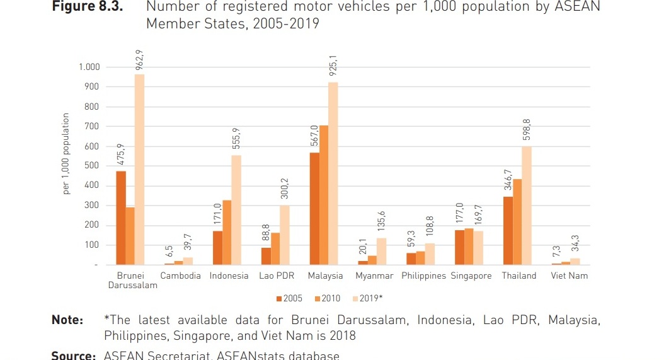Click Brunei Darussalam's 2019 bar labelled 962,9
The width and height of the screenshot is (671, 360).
click(x=139, y=170)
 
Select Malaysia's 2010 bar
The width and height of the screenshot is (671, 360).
click(x=324, y=195)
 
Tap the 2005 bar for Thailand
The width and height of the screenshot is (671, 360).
click(x=508, y=231)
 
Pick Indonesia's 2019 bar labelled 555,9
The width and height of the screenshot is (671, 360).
click(x=236, y=210)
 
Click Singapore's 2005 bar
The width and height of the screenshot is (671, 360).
click(x=459, y=247)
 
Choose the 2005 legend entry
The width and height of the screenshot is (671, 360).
click(x=289, y=298)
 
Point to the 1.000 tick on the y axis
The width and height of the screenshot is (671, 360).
click(x=89, y=67)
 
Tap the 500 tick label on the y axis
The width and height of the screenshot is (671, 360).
click(x=93, y=166)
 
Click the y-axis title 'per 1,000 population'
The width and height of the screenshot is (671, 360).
click(x=66, y=154)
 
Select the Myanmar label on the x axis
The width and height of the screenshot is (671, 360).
click(x=374, y=276)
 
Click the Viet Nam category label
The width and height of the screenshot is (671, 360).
click(x=569, y=276)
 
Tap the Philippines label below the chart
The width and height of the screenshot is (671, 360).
click(x=423, y=276)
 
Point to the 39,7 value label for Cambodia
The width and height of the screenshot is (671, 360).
click(x=188, y=241)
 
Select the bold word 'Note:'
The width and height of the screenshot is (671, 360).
click(x=67, y=321)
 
